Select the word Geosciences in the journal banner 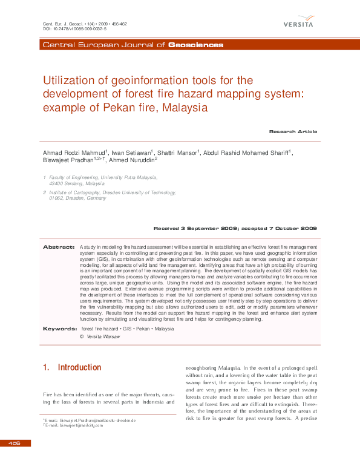[x=195, y=45]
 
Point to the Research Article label [x=293, y=131]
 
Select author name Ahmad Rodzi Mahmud [x=74, y=152]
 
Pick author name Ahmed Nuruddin [x=132, y=160]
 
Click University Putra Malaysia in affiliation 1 [x=129, y=177]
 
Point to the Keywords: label [x=59, y=329]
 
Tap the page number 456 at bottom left [x=14, y=444]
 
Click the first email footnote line [x=90, y=419]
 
